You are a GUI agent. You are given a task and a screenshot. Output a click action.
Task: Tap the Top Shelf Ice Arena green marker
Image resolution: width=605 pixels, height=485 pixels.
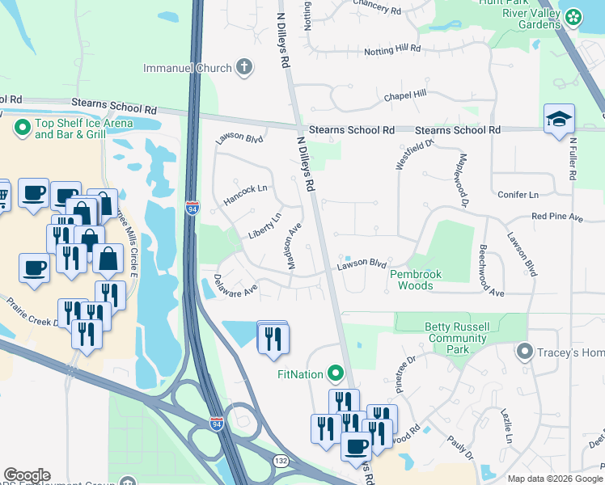tap(20, 127)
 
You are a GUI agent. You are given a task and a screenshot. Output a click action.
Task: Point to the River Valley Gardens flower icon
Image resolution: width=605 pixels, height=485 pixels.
tap(573, 16)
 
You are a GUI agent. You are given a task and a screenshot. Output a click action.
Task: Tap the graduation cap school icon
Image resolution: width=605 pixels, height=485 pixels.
tap(559, 120)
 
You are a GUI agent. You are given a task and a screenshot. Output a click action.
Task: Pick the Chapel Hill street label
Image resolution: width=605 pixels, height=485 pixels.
tap(405, 95)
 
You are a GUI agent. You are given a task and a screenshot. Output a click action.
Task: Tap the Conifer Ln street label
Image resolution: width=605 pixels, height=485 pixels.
tap(518, 195)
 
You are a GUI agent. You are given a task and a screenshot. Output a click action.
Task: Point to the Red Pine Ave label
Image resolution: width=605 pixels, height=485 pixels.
tap(556, 217)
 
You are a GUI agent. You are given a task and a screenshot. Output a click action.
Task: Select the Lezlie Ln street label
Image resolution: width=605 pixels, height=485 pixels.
tap(507, 424)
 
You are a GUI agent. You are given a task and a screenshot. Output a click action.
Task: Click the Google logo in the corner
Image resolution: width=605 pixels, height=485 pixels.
tap(27, 475)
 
